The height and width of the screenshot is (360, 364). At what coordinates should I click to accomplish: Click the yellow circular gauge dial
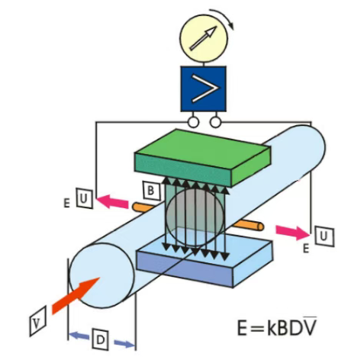[203, 38]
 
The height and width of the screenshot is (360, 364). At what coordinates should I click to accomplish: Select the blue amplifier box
[203, 88]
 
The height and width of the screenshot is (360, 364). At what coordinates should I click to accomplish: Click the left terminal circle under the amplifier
[193, 122]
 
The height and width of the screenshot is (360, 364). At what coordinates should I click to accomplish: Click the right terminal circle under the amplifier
[215, 122]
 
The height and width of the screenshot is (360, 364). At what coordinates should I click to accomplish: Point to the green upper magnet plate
[202, 158]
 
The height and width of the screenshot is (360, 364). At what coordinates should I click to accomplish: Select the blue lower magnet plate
[205, 262]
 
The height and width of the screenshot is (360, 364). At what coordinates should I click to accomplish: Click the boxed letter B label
[152, 190]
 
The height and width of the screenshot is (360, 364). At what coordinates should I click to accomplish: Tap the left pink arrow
[112, 201]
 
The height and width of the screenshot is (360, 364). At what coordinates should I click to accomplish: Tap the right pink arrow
[292, 231]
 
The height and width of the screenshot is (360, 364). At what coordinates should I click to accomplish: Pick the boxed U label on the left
[85, 198]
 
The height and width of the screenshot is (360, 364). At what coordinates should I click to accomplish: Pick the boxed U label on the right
[324, 236]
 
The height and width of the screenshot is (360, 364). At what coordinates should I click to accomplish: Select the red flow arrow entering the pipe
[76, 295]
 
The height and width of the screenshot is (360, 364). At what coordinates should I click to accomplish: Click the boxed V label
[38, 321]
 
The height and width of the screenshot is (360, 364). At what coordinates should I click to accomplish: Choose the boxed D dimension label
[101, 339]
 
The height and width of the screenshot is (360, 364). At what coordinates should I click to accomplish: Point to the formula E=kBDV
[277, 326]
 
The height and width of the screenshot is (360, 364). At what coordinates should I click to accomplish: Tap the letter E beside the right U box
[306, 249]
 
